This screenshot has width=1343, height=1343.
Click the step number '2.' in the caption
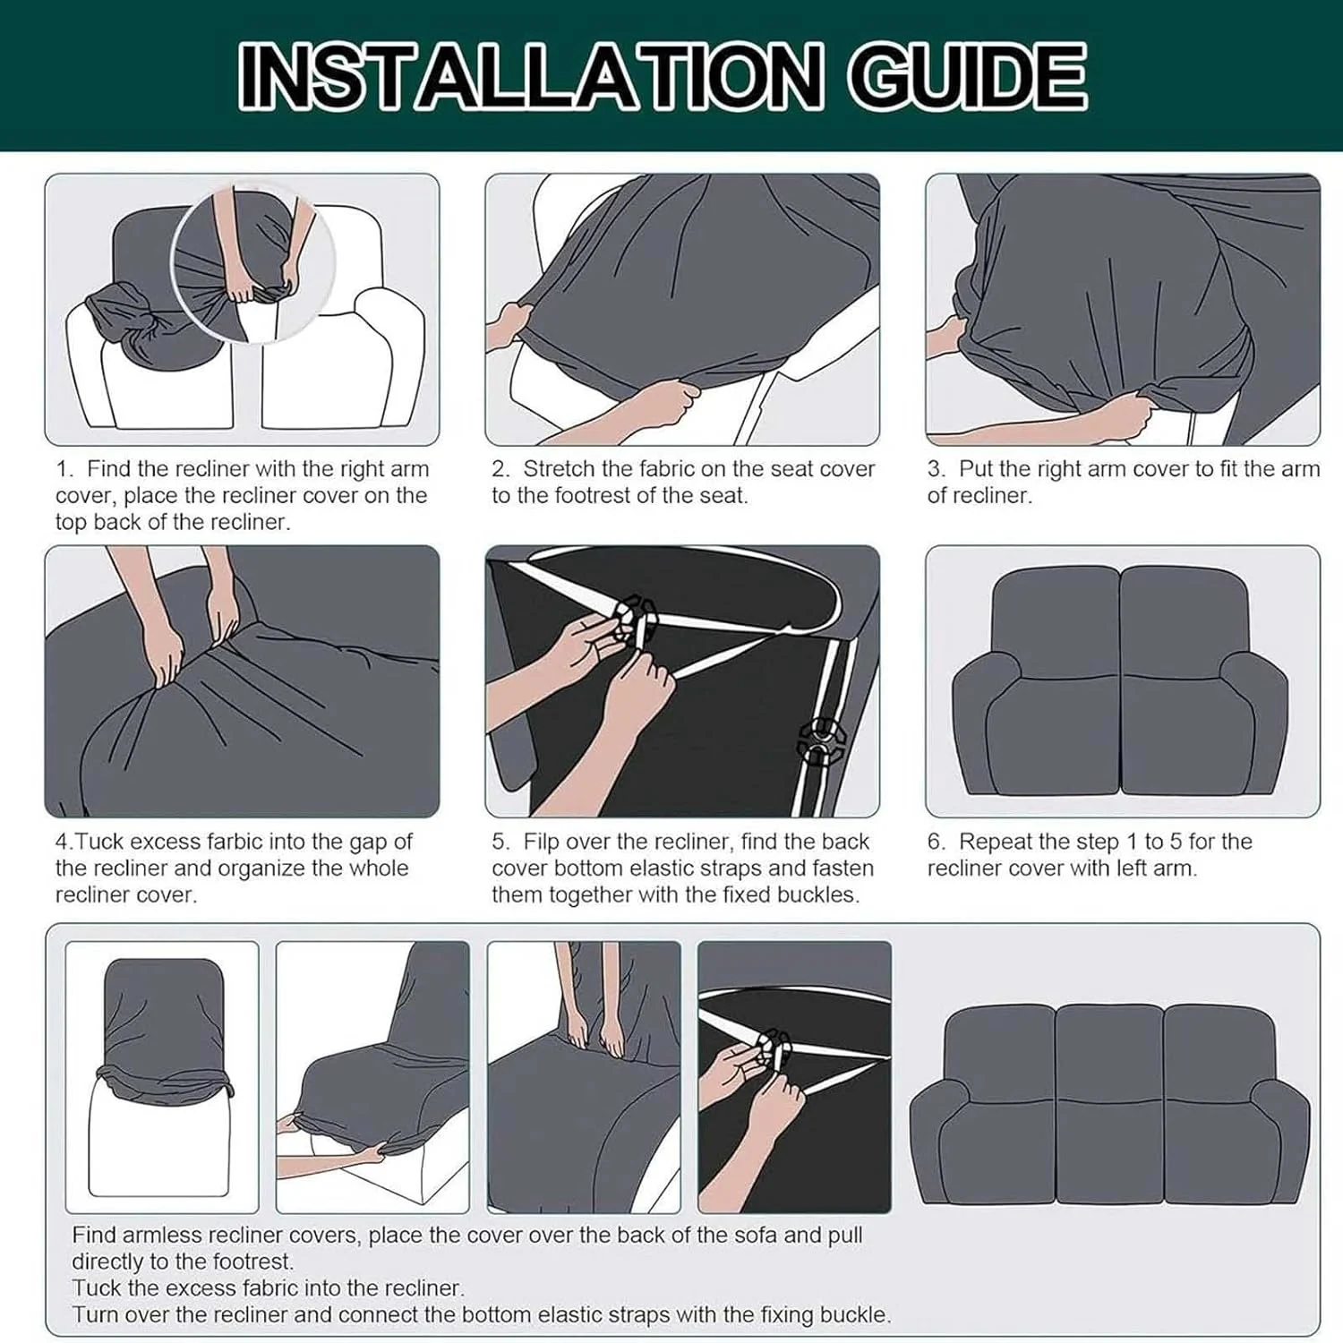[x=501, y=469]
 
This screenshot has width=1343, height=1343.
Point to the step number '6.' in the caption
[x=937, y=842]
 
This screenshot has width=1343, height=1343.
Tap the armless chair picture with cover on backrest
[x=162, y=1076]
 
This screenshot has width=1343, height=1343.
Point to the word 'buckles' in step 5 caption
[x=816, y=894]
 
